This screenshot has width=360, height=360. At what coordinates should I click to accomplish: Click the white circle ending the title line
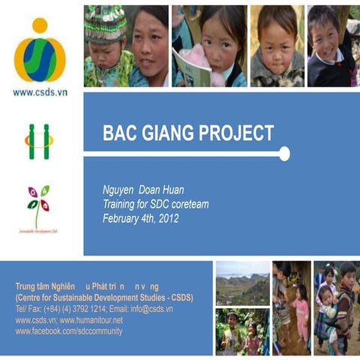pos(284,154)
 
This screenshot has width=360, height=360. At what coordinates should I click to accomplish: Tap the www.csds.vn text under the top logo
pos(40,92)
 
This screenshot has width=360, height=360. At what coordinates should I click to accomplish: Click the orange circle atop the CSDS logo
pos(40,26)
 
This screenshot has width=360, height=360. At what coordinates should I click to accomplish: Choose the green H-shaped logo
pos(39,141)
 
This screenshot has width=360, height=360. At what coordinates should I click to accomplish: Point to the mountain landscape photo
pos(241,283)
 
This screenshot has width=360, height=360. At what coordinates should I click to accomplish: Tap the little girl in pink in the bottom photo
pos(301,307)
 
